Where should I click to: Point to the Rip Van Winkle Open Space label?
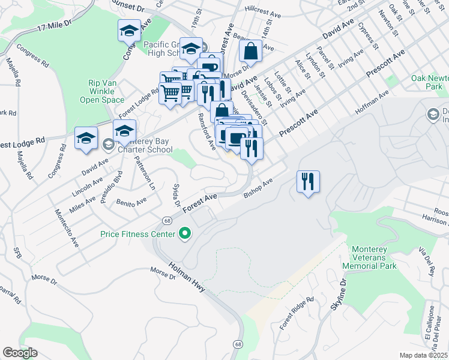tap(102, 91)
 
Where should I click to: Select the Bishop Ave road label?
tap(259, 188)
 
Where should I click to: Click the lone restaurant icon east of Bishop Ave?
tap(309, 181)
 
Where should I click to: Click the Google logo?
tap(20, 353)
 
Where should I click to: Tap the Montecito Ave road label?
tap(67, 221)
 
